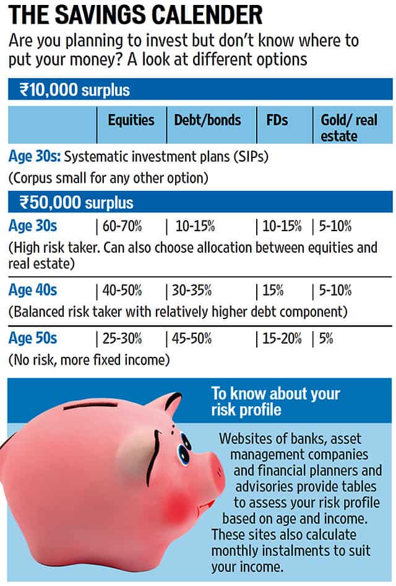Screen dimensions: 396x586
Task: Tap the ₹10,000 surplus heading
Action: point(75,90)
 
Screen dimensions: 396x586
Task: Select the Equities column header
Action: point(131,120)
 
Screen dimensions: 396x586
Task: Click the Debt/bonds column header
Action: point(207,120)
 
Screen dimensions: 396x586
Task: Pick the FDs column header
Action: point(277,120)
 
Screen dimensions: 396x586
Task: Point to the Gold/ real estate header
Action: point(349,128)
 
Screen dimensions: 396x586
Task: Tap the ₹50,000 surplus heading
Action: point(77,203)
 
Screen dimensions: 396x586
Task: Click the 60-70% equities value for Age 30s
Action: point(122,226)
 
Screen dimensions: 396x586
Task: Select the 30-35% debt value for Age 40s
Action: point(191,291)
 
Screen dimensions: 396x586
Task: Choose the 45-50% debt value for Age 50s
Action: point(191,339)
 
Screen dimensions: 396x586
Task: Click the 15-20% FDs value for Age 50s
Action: point(282,339)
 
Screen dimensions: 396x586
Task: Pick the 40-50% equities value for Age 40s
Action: point(122,291)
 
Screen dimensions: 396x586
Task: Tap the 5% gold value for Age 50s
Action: point(326,339)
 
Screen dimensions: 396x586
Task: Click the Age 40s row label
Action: point(33,290)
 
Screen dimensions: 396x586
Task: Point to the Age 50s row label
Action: point(33,338)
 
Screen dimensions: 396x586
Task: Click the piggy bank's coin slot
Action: point(92,405)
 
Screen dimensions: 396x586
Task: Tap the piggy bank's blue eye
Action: point(184,448)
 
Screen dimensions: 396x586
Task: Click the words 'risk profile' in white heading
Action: point(246,410)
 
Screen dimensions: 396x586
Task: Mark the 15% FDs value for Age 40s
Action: point(273,291)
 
